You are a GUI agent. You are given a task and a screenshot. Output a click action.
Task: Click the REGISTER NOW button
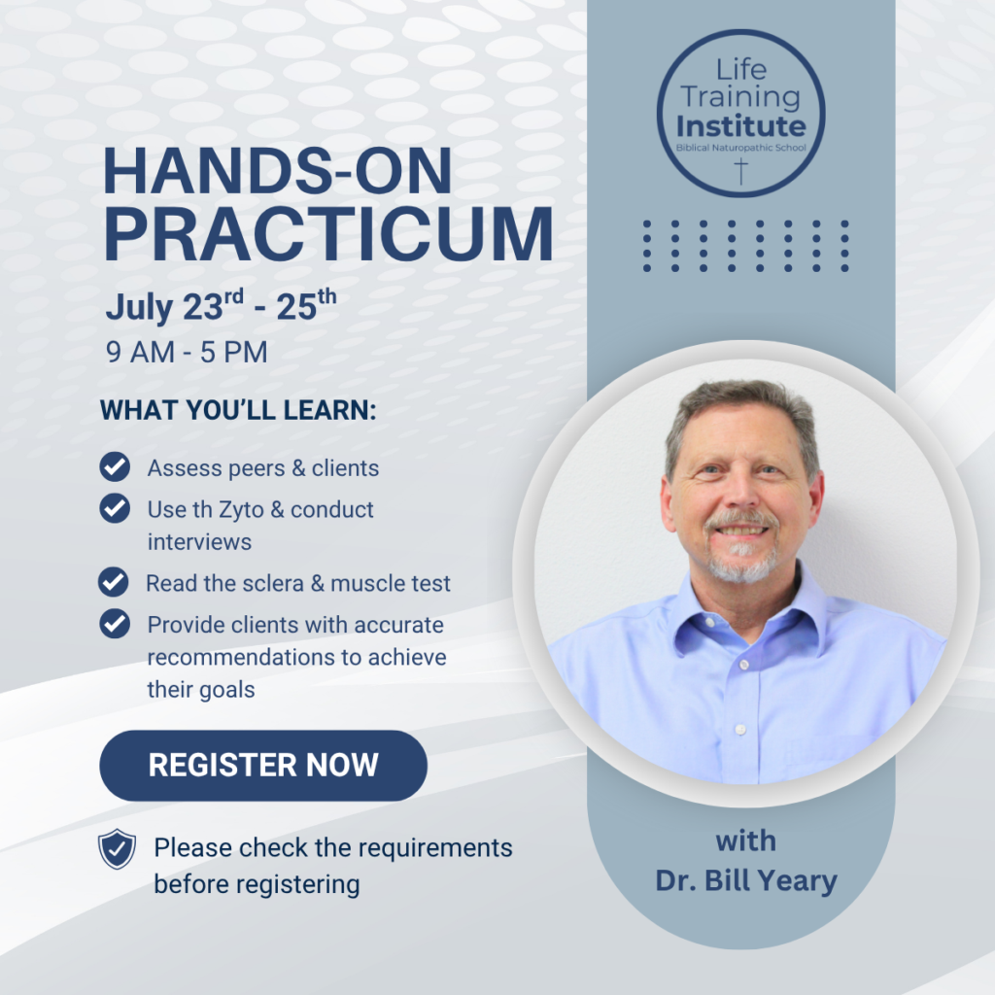(x=263, y=766)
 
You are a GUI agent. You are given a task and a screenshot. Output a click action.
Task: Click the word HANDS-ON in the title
(x=277, y=170)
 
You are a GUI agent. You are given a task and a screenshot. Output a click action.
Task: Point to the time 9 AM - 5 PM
(x=187, y=352)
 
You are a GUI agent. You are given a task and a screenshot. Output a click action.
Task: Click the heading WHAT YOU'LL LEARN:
(x=238, y=410)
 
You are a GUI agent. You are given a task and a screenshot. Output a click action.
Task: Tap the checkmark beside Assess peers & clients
(x=115, y=467)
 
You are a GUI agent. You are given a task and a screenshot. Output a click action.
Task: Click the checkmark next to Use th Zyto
(x=115, y=508)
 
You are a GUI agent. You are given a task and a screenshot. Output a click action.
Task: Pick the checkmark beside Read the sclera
(x=114, y=582)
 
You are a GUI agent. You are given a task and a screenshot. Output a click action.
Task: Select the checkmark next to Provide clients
(x=115, y=624)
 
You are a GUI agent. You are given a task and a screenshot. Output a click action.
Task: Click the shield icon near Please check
(x=117, y=849)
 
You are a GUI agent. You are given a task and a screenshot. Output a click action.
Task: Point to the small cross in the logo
(x=741, y=172)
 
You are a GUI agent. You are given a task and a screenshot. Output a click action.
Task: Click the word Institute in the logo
(x=741, y=126)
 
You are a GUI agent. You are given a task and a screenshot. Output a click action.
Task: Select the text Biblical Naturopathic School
(x=741, y=148)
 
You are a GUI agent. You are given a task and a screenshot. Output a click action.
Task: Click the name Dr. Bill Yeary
(x=746, y=880)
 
